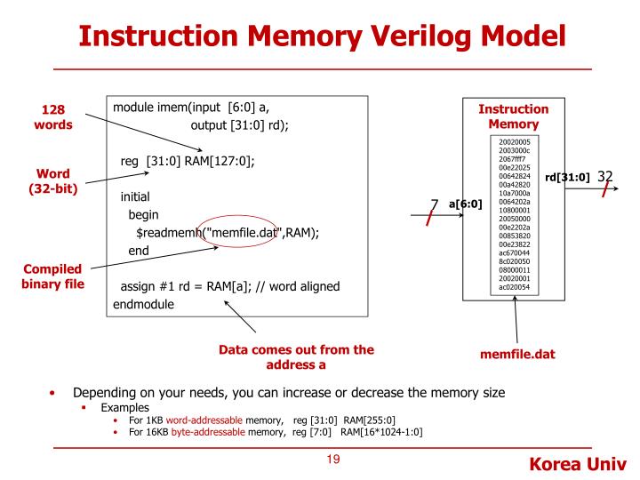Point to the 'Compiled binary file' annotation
coord(44,278)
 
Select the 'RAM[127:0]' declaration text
coord(220,161)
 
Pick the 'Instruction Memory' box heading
coord(514,116)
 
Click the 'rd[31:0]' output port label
coord(567,177)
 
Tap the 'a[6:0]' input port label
coord(466,204)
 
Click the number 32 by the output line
coord(605,176)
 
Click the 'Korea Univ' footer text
coord(578,463)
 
